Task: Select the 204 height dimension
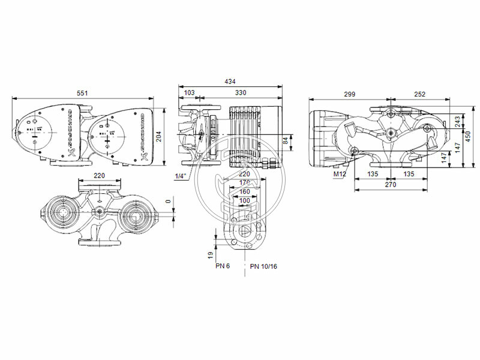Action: (x=173, y=136)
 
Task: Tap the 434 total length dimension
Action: (x=230, y=81)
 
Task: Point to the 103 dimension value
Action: (x=189, y=94)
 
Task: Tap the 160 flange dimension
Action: (x=244, y=192)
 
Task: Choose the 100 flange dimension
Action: (x=244, y=200)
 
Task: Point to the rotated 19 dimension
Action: (x=211, y=254)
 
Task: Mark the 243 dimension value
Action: (x=458, y=122)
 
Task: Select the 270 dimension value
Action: (x=391, y=185)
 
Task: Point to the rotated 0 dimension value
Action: (x=168, y=202)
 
